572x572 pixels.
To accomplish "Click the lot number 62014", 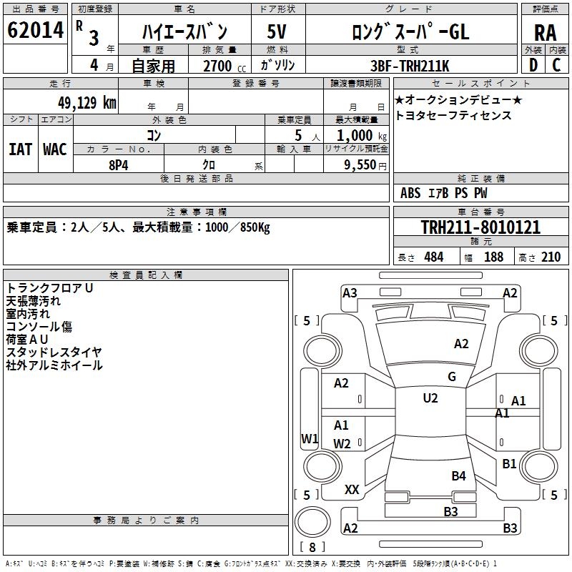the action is pyautogui.click(x=35, y=30).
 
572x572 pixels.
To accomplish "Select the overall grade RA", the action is pyautogui.click(x=546, y=33).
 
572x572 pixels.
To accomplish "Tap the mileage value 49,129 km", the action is pyautogui.click(x=87, y=103).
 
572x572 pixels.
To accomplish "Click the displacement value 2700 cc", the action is pyautogui.click(x=225, y=66).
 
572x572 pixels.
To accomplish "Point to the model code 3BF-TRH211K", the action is pyautogui.click(x=410, y=66).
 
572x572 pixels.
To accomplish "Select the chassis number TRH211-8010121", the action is pyautogui.click(x=480, y=227).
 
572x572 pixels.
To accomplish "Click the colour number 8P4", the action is pyautogui.click(x=119, y=165).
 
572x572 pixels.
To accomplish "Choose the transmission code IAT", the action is pyautogui.click(x=21, y=149).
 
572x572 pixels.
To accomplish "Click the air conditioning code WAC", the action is pyautogui.click(x=55, y=149).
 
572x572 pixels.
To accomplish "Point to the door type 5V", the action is pyautogui.click(x=277, y=31).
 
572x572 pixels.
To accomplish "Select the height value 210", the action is pyautogui.click(x=551, y=257).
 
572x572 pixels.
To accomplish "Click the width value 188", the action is pyautogui.click(x=493, y=257).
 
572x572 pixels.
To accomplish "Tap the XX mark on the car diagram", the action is pyautogui.click(x=352, y=490).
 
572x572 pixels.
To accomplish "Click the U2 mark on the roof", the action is pyautogui.click(x=430, y=398).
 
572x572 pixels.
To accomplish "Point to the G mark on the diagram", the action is pyautogui.click(x=452, y=377).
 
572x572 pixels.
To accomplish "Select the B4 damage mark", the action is pyautogui.click(x=458, y=475).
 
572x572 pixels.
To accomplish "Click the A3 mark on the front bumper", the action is pyautogui.click(x=350, y=293).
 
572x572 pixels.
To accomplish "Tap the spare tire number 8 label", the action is pyautogui.click(x=312, y=547).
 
